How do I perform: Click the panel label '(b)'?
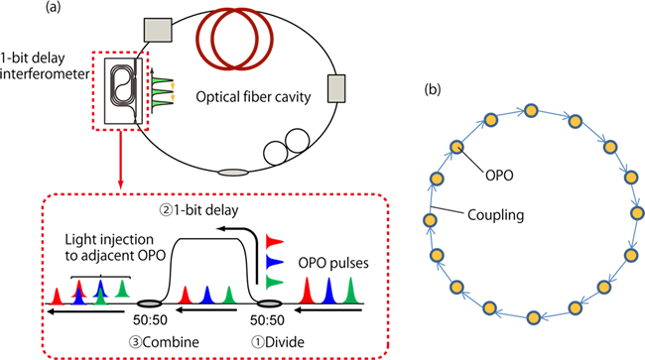point(432,91)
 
